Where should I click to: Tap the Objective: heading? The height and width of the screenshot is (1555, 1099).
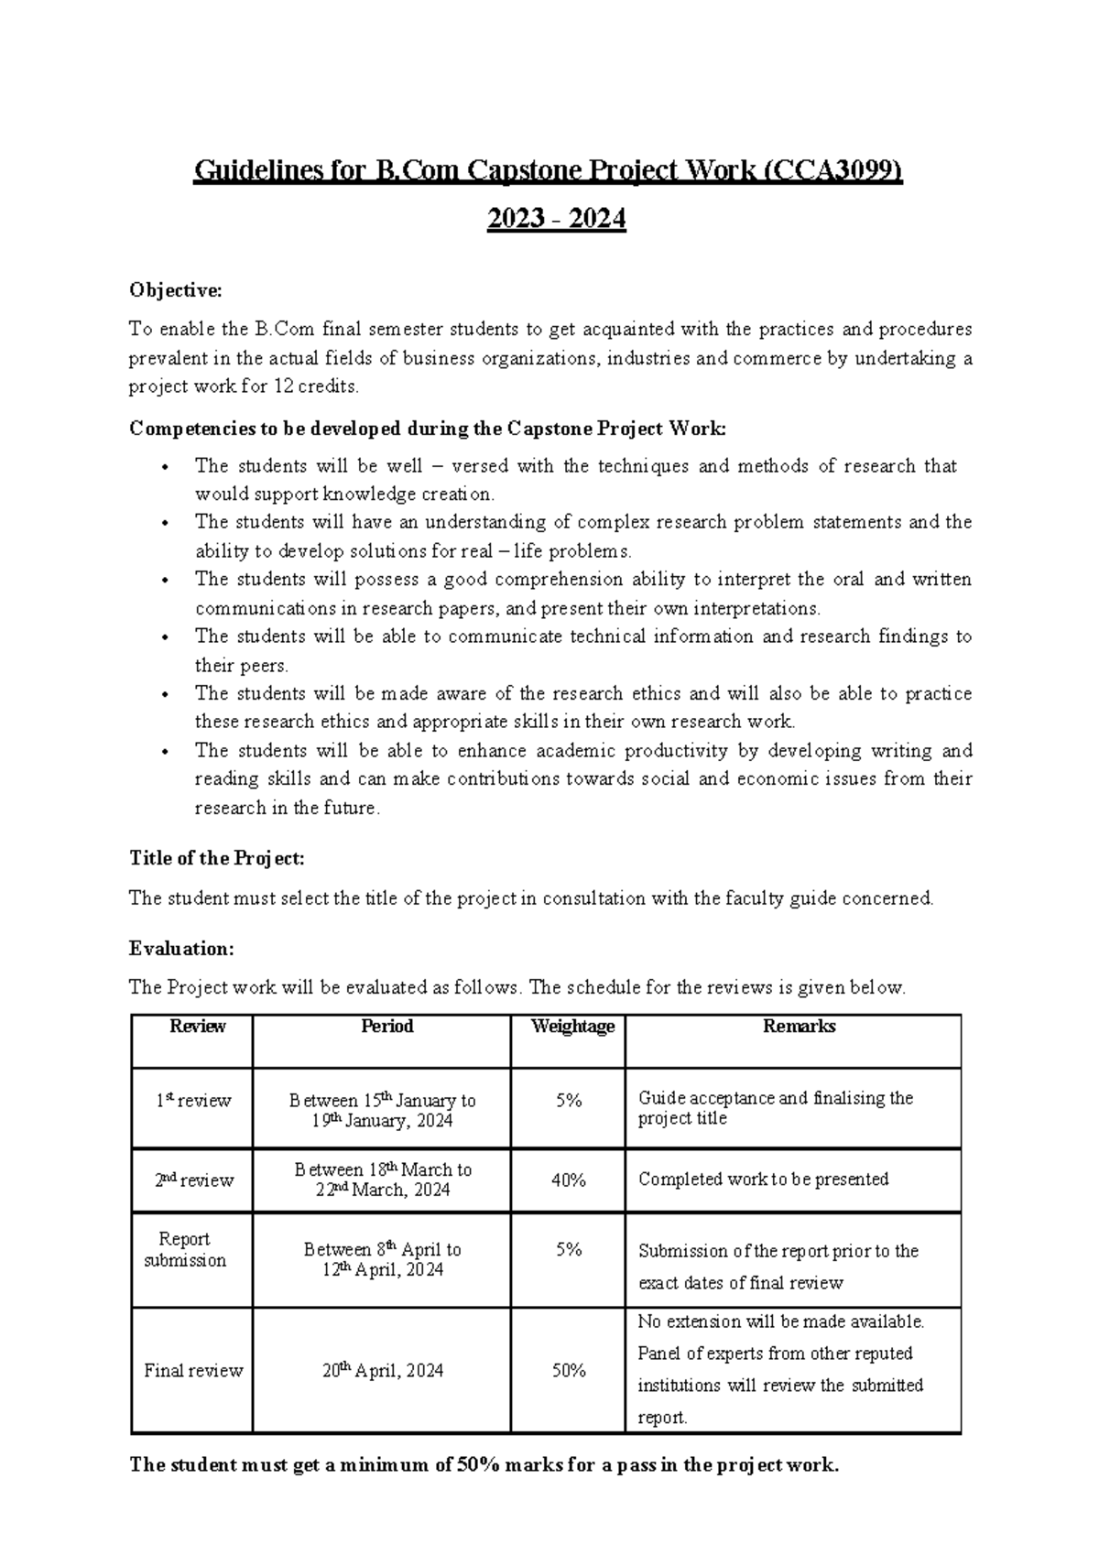[x=175, y=290]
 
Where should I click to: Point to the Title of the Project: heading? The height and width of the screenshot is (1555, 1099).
[x=216, y=858]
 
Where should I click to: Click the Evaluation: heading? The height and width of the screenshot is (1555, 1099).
[x=181, y=949]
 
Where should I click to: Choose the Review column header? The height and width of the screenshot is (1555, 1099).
[x=198, y=1027]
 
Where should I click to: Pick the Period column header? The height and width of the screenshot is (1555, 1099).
[x=387, y=1027]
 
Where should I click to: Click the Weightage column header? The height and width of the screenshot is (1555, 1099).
[x=572, y=1027]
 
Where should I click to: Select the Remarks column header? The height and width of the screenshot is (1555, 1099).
[x=799, y=1027]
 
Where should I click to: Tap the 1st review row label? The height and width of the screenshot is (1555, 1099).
[x=192, y=1101]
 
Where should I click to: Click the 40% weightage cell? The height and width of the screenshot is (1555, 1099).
[x=568, y=1180]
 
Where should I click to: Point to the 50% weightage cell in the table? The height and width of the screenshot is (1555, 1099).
[x=568, y=1371]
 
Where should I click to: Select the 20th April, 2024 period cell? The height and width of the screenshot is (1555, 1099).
[x=383, y=1371]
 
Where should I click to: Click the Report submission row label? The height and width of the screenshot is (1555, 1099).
[x=185, y=1250]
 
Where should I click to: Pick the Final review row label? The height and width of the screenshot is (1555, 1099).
[x=193, y=1371]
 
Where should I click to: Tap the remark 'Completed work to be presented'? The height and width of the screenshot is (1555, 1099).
[x=763, y=1180]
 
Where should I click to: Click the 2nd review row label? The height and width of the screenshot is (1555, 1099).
[x=193, y=1180]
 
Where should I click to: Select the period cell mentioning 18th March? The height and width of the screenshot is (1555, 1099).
[x=383, y=1180]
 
